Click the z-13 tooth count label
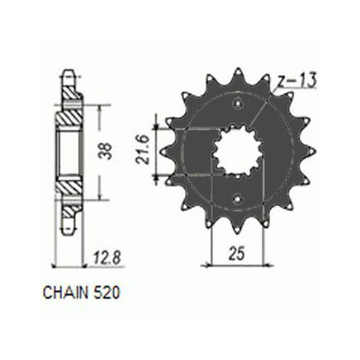[x=297, y=80]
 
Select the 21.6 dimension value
[x=143, y=150]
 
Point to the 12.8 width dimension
[x=108, y=258]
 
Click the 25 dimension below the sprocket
[x=237, y=253]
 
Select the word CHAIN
[x=65, y=292]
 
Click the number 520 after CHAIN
[x=107, y=292]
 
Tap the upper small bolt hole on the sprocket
[x=237, y=104]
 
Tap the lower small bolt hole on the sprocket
[x=237, y=198]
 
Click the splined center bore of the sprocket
[x=237, y=151]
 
